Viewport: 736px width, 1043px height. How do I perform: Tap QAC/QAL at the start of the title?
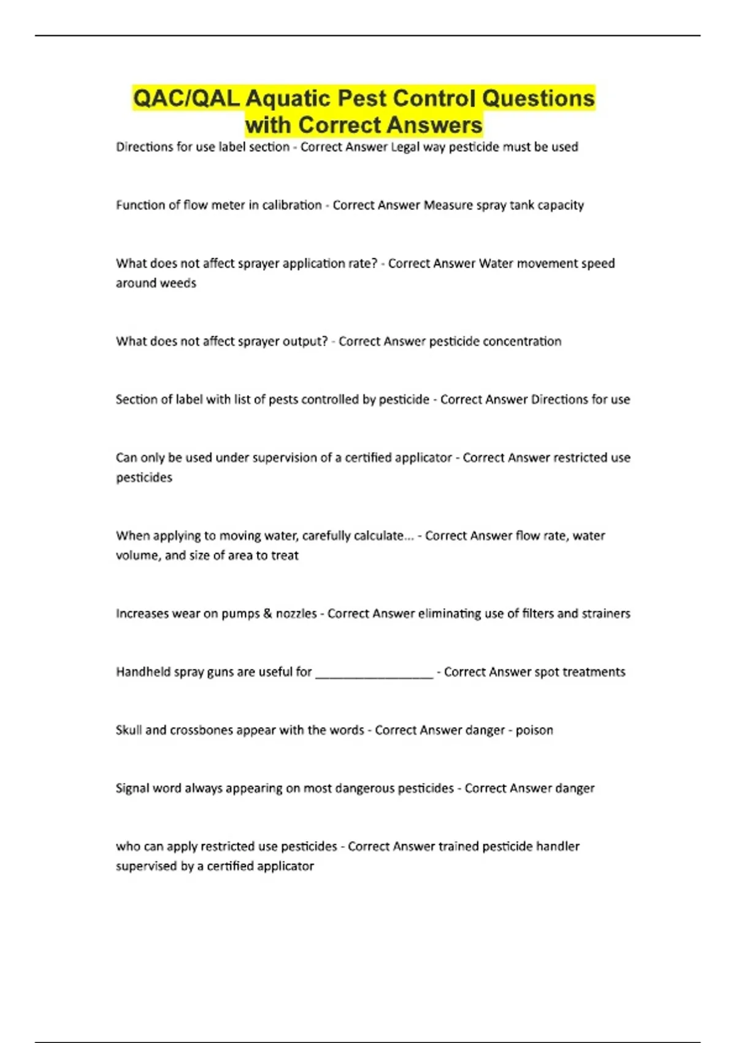tap(186, 98)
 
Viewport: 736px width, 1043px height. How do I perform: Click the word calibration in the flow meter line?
tap(292, 205)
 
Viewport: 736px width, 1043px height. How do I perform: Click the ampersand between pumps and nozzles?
tap(267, 614)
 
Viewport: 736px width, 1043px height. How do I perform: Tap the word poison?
tap(534, 730)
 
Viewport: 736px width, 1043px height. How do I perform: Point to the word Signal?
tap(132, 788)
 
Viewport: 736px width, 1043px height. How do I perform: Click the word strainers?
tap(606, 614)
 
